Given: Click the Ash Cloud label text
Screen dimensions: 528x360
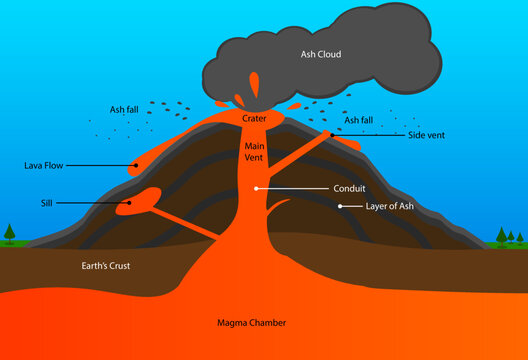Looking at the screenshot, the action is point(321,54).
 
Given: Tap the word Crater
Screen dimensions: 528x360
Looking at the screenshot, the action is point(253,118).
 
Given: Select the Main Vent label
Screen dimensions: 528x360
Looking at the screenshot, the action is point(253,151).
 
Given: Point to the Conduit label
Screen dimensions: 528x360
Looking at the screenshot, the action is point(348,187).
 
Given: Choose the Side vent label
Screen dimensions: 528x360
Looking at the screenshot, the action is point(427,135).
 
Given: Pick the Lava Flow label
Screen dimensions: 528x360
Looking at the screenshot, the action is point(46,164).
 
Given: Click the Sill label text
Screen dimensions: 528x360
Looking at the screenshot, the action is point(48,202).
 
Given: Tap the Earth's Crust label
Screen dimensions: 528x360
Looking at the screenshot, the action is point(106,266).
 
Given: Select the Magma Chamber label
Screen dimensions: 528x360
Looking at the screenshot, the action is point(251,323).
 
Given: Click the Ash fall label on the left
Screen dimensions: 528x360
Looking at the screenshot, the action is point(126,110).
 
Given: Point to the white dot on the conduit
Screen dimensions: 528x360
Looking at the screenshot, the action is point(257,187).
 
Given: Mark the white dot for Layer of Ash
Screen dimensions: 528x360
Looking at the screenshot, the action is point(340,206).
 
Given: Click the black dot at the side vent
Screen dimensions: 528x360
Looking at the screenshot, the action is point(332,135).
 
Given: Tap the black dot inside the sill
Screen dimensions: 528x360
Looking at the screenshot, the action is point(129,202).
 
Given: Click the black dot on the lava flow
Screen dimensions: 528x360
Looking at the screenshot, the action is point(137,164).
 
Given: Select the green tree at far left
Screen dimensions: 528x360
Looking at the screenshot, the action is point(9,235).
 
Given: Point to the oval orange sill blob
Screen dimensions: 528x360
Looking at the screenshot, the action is point(139,200).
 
